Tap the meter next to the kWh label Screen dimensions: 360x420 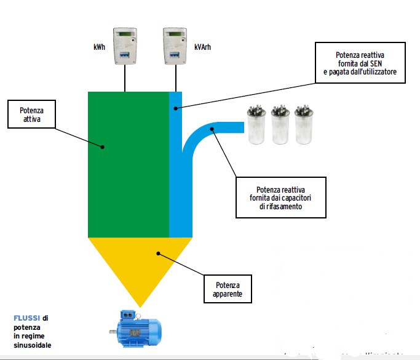pos(125,46)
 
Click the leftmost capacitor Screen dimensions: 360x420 pos(256,126)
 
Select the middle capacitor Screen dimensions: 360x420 pos(280,126)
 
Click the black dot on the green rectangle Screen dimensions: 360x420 pos(103,146)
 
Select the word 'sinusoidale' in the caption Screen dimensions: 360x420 pos(33,345)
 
